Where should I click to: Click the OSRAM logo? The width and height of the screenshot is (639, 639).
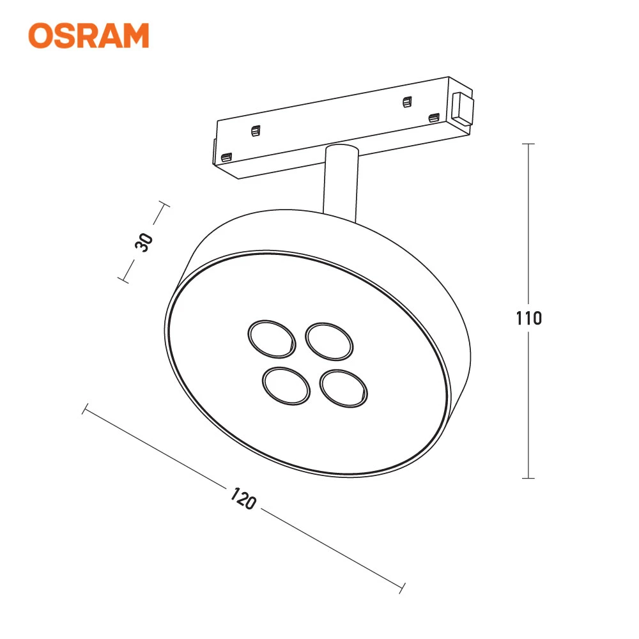coord(88,35)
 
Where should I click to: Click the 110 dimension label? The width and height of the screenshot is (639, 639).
coord(528,318)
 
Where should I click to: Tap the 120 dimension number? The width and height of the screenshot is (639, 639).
coord(243,498)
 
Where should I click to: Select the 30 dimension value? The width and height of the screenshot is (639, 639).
coord(144,242)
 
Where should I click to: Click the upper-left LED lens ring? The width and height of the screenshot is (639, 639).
coord(272,339)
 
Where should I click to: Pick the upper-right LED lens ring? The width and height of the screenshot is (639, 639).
coord(329,341)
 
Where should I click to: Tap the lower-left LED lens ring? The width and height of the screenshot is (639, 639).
coord(286,386)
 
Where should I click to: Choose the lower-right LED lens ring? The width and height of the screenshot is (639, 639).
coord(344,389)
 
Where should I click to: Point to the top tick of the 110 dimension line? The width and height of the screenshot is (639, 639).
coord(528,144)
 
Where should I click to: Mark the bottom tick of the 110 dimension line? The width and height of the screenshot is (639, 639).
coord(528,478)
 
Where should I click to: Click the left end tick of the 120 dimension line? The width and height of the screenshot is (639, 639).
coord(85,409)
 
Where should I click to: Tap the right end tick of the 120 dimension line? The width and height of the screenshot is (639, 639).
coord(402,588)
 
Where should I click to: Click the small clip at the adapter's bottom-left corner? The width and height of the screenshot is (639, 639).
coord(226,157)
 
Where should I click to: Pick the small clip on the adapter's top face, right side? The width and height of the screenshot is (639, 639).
coord(406,102)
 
